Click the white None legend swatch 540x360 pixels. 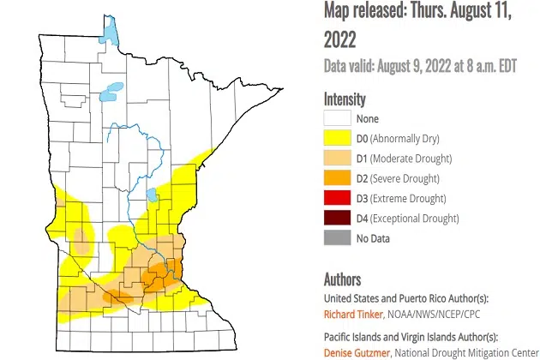335,119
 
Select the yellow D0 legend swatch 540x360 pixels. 335,139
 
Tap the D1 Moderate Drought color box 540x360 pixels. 335,159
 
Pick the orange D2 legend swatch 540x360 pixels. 335,178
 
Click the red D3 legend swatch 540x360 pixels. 335,198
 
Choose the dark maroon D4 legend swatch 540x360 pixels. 335,218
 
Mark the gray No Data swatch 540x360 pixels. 335,237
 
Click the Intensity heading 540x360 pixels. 345,99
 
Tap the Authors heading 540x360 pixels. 342,280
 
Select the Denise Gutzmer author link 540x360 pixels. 355,351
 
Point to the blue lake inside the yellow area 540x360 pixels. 153,195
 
